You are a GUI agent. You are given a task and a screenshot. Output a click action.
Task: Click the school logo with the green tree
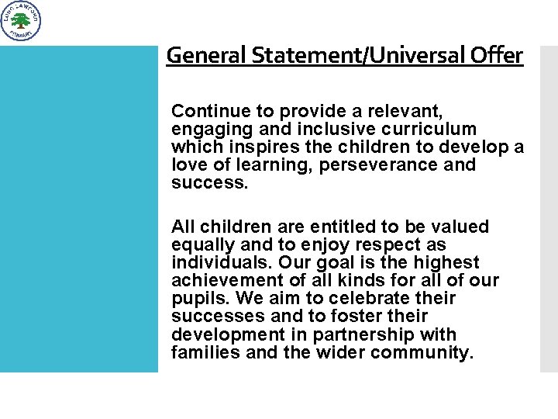(x=21, y=21)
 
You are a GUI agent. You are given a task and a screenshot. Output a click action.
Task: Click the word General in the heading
(x=195, y=55)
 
